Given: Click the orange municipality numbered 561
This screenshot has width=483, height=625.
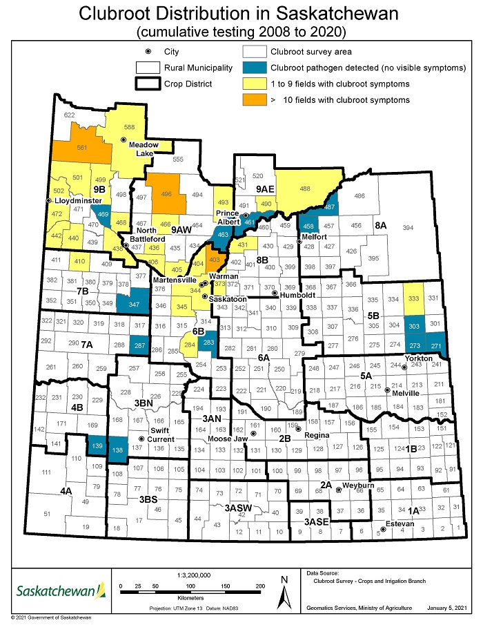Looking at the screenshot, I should pos(82,148).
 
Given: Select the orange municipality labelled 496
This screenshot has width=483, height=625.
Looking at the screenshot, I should pos(165,194).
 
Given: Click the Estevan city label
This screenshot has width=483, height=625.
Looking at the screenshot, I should pos(400,523).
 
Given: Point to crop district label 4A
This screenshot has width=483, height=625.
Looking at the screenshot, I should pos(66,490).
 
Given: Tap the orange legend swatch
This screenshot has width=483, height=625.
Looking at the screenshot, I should pos(255,100).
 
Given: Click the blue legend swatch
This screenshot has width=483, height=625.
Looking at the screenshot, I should pos(255,68).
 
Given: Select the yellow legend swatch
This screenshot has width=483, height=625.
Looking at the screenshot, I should pos(255,84).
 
